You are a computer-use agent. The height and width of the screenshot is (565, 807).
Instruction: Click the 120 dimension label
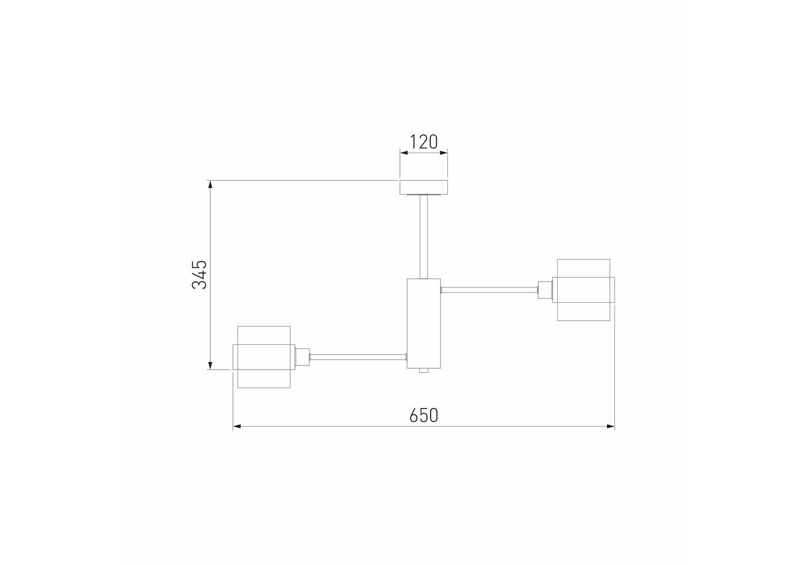pos(423,142)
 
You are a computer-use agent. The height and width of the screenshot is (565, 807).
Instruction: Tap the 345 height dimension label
pos(200,274)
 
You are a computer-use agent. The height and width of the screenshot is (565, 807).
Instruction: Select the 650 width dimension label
pos(423,415)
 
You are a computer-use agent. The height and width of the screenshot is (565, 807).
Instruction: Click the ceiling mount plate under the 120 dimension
pos(423,187)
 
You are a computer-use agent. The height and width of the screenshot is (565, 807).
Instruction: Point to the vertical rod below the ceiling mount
pos(423,236)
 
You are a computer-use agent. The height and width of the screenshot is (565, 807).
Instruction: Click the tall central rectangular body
pos(423,323)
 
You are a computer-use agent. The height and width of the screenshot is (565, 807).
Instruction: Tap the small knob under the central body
pos(423,371)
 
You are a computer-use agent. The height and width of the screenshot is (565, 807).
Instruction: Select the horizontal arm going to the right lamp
pos(489,290)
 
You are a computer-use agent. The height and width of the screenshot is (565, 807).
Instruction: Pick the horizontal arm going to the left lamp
pos(358,357)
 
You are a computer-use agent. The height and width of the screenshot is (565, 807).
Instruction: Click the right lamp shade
pos(583,290)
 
